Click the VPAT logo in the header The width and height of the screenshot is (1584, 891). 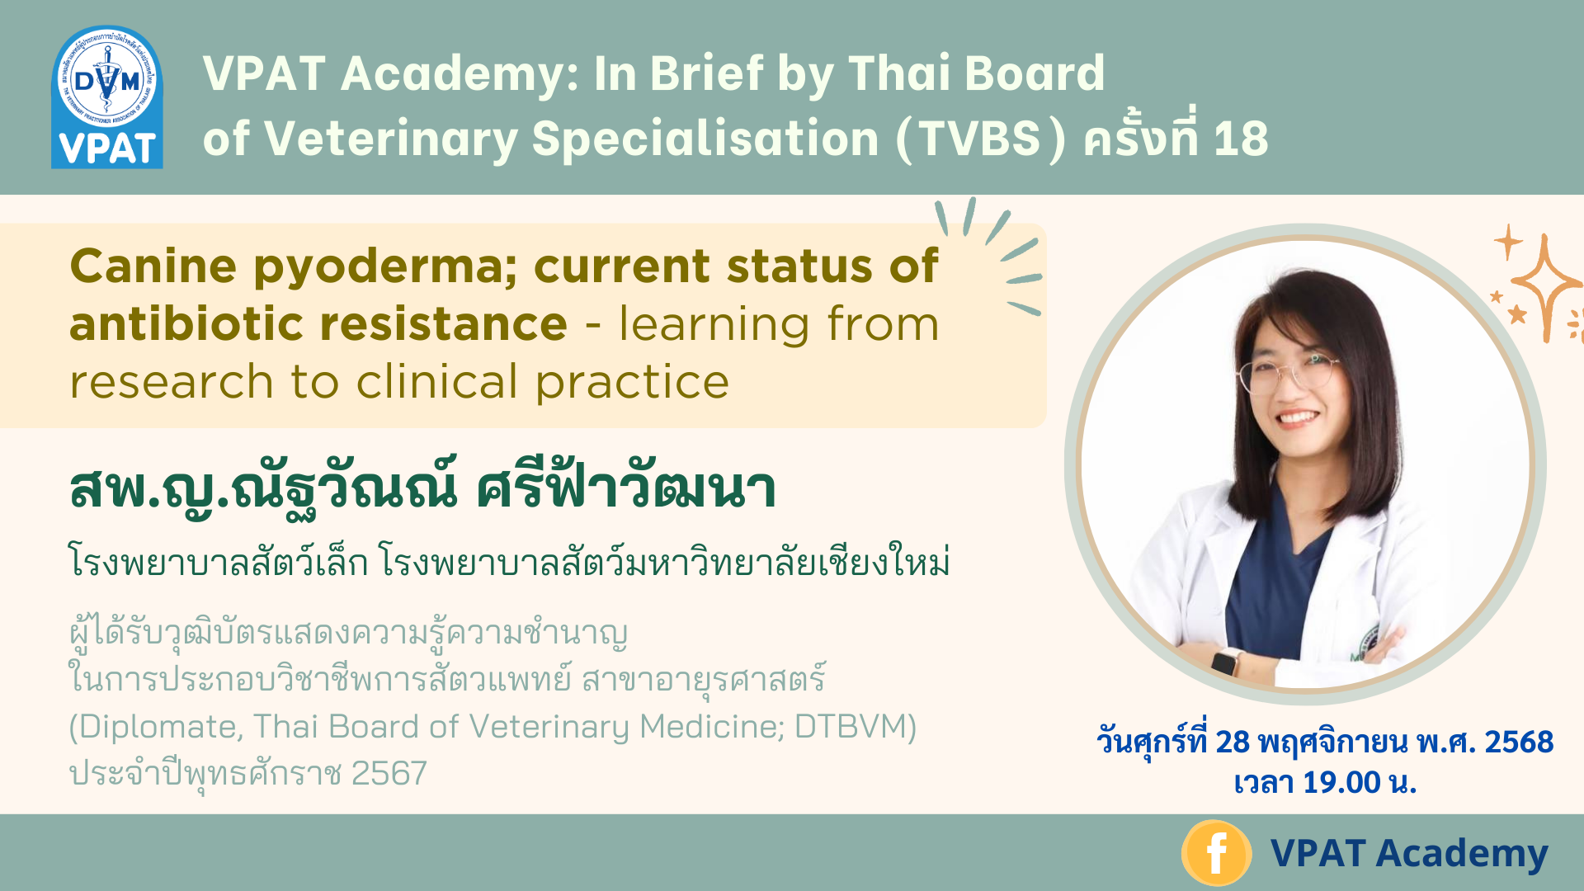(x=107, y=97)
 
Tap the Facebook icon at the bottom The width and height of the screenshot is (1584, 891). (x=1216, y=853)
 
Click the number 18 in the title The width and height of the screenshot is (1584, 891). (x=1241, y=138)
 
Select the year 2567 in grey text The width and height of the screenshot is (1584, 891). (x=389, y=773)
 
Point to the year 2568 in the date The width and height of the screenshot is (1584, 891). (x=1519, y=742)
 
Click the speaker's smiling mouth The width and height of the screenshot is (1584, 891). (x=1297, y=417)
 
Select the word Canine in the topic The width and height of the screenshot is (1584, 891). (x=153, y=266)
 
